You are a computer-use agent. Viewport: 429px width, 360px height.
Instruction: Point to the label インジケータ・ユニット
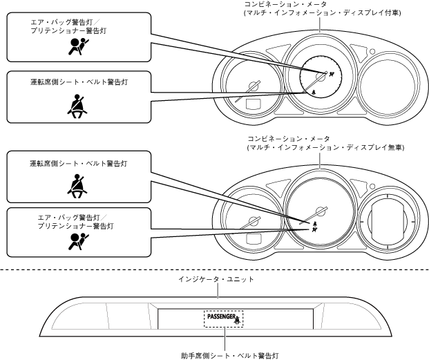click(x=218, y=279)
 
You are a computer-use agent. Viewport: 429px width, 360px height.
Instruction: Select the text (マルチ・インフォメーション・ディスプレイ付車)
click(x=322, y=13)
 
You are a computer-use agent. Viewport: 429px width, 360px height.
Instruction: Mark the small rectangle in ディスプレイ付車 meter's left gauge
click(x=252, y=106)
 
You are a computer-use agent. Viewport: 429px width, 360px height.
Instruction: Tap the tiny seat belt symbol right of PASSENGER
click(x=237, y=320)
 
